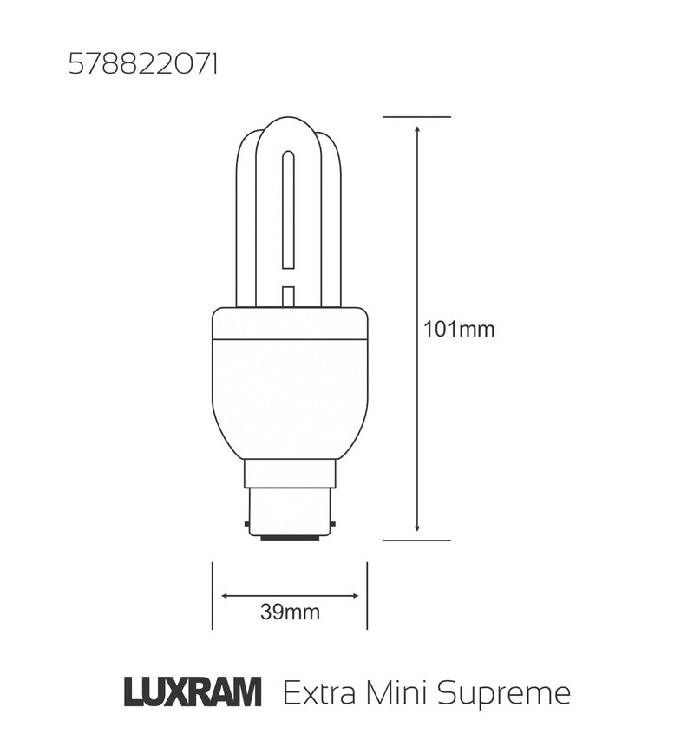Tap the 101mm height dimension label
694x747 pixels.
click(x=459, y=330)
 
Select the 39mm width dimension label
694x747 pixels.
click(x=290, y=613)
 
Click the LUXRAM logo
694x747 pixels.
click(x=193, y=693)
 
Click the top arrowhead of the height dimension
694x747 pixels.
click(x=417, y=129)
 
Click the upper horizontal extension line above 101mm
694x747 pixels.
click(x=417, y=116)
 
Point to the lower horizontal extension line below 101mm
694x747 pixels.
click(x=417, y=541)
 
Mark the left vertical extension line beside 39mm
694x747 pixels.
click(x=213, y=596)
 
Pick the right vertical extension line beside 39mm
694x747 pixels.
click(x=367, y=596)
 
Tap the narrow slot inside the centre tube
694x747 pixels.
click(x=289, y=208)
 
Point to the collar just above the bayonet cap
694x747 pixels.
click(x=290, y=474)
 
